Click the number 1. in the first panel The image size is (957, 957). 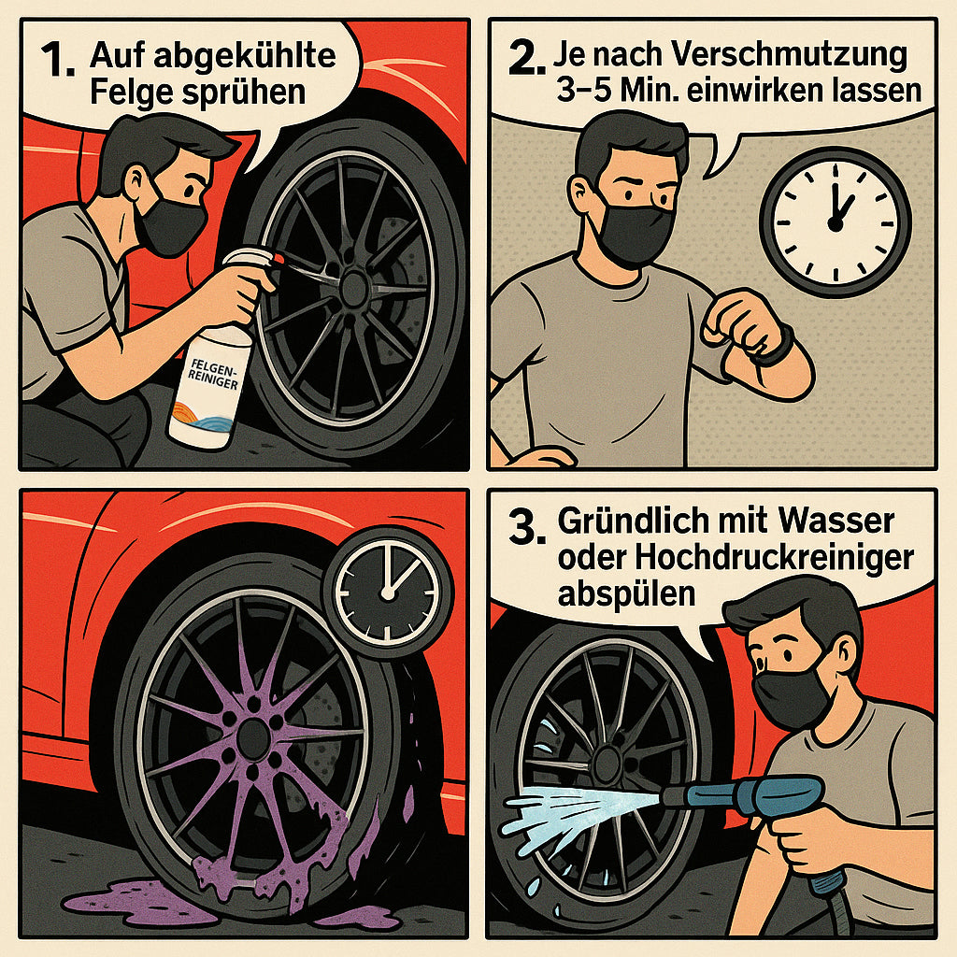(58, 61)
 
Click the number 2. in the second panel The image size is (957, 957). (526, 59)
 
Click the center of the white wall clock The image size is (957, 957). (836, 223)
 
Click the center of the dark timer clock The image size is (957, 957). (387, 593)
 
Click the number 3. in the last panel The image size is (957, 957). (527, 527)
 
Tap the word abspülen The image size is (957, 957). (626, 593)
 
